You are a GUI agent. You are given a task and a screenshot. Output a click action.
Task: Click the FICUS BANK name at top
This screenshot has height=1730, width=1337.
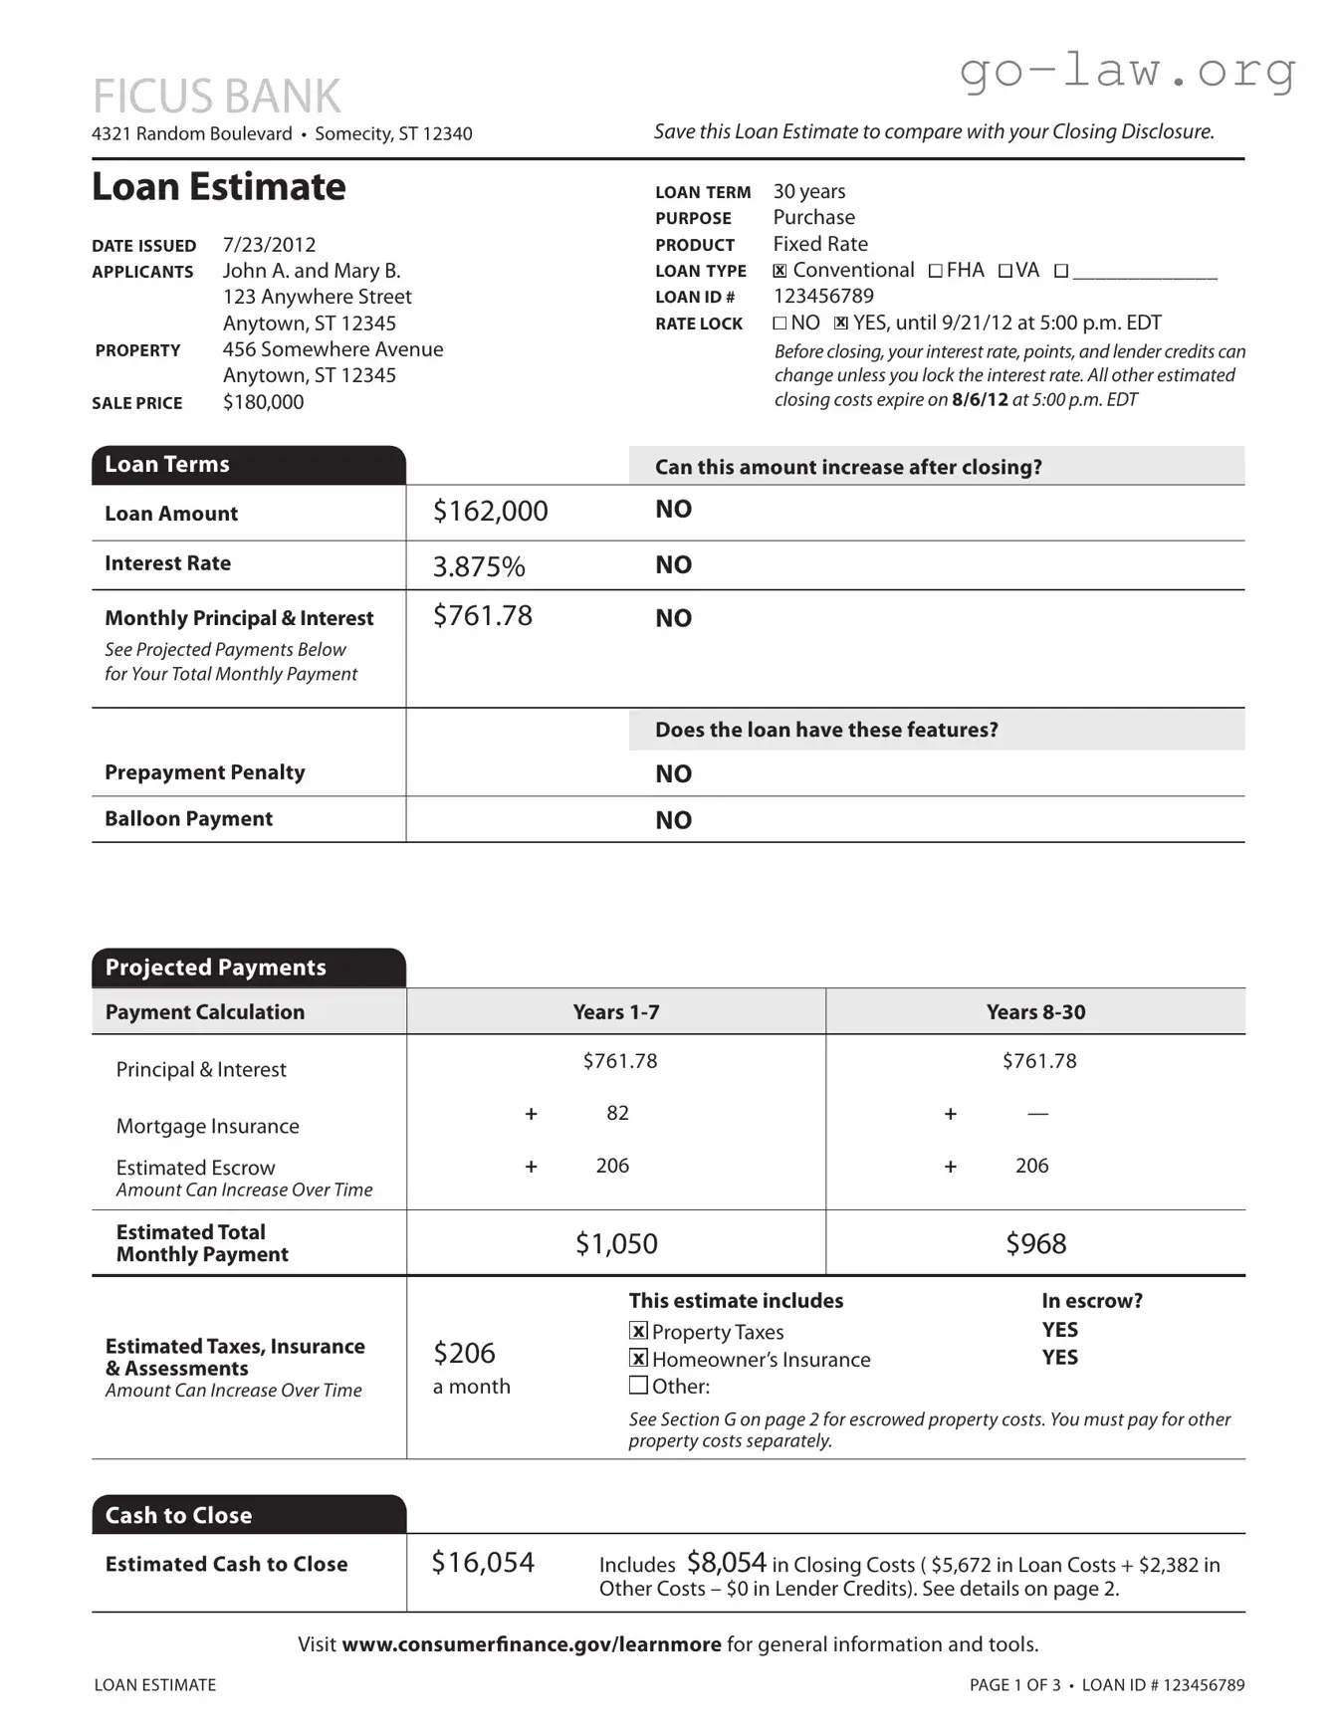pyautogui.click(x=216, y=97)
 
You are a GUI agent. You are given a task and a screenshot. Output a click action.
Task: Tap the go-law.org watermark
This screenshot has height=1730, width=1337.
pyautogui.click(x=1127, y=72)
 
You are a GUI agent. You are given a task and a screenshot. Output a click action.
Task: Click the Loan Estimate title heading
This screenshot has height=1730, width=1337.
pyautogui.click(x=219, y=187)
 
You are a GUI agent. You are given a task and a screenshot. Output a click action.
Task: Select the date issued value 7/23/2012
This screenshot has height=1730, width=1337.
pyautogui.click(x=269, y=245)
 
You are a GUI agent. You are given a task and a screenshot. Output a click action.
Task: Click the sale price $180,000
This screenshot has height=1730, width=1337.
pyautogui.click(x=263, y=402)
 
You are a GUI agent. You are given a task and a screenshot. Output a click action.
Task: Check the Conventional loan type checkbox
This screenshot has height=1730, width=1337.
pyautogui.click(x=780, y=271)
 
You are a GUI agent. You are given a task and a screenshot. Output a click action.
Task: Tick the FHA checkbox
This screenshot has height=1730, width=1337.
pyautogui.click(x=935, y=271)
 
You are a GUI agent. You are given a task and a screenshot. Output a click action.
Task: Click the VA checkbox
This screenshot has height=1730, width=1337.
pyautogui.click(x=1005, y=271)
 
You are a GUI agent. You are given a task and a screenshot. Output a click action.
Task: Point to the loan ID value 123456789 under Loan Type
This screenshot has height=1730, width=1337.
pyautogui.click(x=823, y=297)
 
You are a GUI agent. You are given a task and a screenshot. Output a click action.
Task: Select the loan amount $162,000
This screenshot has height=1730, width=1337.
pyautogui.click(x=490, y=512)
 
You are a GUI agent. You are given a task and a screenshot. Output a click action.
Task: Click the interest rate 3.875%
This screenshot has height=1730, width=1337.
pyautogui.click(x=478, y=566)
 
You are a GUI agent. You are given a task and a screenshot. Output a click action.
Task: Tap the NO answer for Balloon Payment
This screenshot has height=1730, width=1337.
pyautogui.click(x=673, y=820)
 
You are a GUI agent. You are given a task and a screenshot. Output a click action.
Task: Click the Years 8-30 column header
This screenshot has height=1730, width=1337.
pyautogui.click(x=1035, y=1012)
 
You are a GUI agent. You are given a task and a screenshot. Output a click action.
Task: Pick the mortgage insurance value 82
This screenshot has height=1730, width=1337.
pyautogui.click(x=617, y=1113)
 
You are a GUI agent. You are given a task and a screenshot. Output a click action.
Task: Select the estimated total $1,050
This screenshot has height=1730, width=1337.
pyautogui.click(x=616, y=1244)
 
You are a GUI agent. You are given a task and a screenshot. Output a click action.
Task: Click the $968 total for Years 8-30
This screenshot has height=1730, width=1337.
pyautogui.click(x=1035, y=1244)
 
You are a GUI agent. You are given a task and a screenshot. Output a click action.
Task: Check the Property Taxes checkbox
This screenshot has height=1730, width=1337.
pyautogui.click(x=639, y=1331)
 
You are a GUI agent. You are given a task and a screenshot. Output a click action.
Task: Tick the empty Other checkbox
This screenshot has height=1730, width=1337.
pyautogui.click(x=638, y=1385)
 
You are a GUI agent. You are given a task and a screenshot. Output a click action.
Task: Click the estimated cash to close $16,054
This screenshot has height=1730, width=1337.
pyautogui.click(x=483, y=1563)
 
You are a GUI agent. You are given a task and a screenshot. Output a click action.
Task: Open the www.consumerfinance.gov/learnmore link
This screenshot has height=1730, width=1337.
pyautogui.click(x=531, y=1644)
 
